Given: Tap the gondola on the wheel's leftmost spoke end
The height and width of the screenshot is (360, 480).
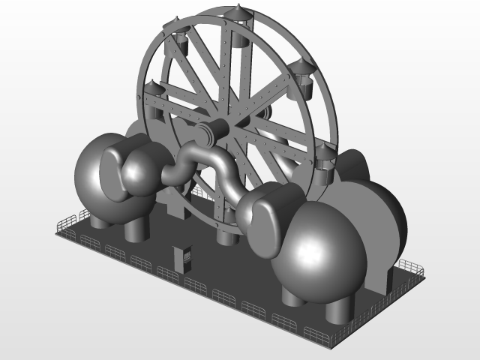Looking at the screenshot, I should click(x=154, y=100).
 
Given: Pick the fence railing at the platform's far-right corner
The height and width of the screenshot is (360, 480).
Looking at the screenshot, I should click(x=411, y=266).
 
